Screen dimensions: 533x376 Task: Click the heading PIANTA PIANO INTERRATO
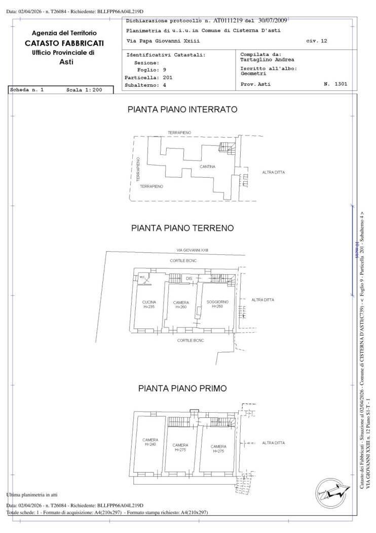[182, 110]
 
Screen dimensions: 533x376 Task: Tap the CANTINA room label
[207, 166]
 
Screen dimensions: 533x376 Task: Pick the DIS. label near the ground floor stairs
[190, 279]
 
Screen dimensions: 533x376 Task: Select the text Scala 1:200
[84, 90]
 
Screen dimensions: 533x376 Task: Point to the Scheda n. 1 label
[27, 90]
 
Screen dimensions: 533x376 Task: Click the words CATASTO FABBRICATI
[64, 43]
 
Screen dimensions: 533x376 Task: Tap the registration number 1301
[341, 84]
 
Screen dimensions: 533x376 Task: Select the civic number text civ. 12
[316, 41]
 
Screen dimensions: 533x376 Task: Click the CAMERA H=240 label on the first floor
[150, 442]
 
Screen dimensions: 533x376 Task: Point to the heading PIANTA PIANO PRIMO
[182, 388]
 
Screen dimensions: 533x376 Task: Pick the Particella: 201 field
[148, 78]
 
